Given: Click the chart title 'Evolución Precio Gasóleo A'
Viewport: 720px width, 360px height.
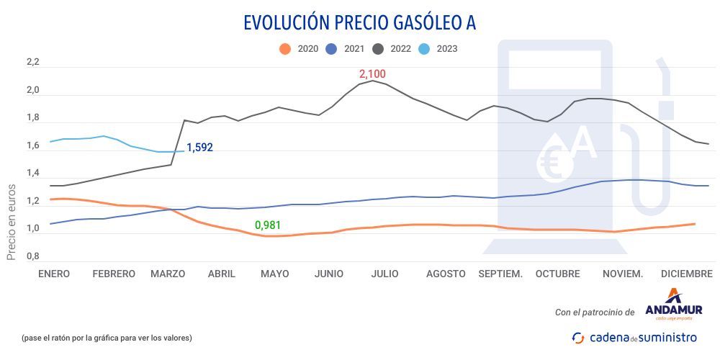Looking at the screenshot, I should pos(359,22).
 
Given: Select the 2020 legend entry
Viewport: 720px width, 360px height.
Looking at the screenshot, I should pos(299,49).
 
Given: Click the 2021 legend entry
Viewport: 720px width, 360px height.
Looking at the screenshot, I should pos(346,49).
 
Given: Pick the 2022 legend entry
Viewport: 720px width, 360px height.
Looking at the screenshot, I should pos(393,49).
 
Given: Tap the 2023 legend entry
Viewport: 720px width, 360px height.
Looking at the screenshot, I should pos(438,49).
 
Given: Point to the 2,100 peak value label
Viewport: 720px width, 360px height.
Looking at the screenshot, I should pos(372,73).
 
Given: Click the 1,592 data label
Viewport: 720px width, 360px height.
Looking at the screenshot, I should pos(199,148).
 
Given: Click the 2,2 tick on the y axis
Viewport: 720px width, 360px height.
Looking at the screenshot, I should pos(32,63).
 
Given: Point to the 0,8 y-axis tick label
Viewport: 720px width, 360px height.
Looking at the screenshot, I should pos(32,256).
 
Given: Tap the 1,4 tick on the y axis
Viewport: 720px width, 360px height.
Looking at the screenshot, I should pos(32,174).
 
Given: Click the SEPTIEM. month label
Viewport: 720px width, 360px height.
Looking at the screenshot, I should pos(500,274).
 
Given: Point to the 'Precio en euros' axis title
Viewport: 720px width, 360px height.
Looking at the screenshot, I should pos(12,220).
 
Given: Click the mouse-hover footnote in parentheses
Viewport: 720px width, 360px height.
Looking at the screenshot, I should pos(107,338).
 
